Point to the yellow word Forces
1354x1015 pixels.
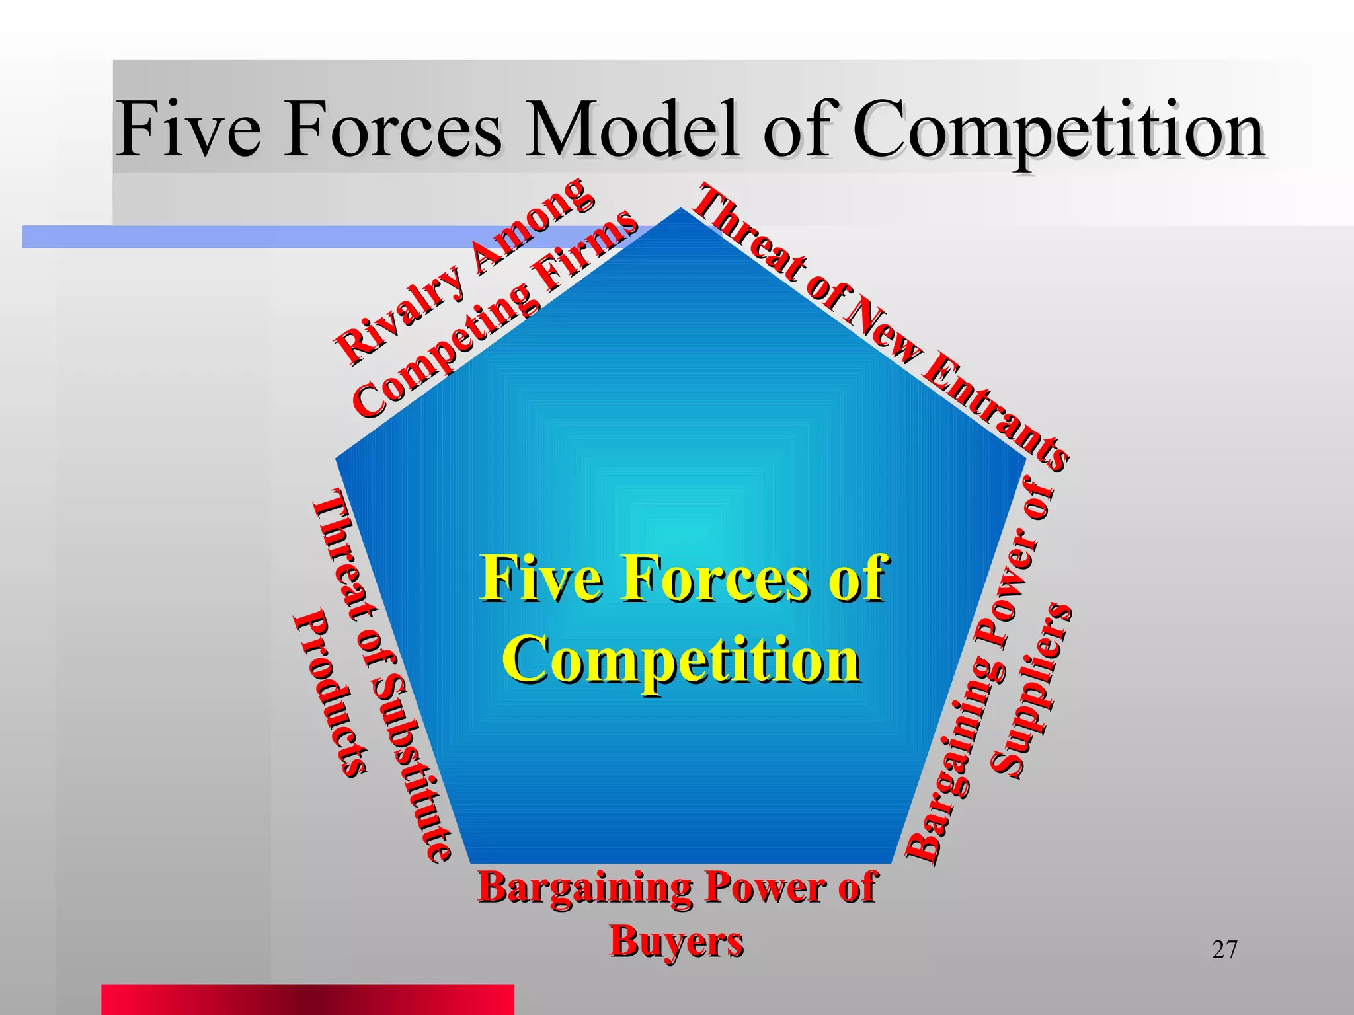(714, 579)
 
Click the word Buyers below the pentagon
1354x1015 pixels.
(676, 941)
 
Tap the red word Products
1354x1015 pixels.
(331, 694)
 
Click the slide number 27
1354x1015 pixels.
(1224, 950)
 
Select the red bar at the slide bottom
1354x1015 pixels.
(307, 999)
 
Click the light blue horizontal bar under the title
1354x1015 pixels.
(264, 237)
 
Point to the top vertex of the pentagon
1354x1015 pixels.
(680, 210)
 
